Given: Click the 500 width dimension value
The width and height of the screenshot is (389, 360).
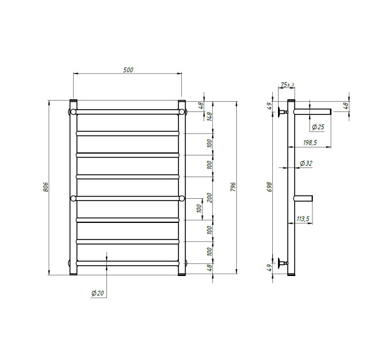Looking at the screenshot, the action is click(x=128, y=70).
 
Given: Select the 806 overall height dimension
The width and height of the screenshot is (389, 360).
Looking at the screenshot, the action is click(x=45, y=187).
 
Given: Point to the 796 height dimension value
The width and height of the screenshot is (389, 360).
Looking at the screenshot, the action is click(x=233, y=187).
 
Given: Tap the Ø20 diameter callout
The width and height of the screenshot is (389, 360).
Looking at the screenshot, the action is click(x=97, y=293).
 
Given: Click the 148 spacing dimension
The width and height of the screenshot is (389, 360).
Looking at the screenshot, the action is click(x=209, y=116).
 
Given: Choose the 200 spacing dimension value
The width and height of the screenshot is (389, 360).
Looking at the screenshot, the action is click(x=209, y=198).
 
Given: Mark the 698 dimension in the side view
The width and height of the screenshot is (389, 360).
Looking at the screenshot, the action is click(x=269, y=187).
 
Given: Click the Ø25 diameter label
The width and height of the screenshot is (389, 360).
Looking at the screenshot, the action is click(x=318, y=127).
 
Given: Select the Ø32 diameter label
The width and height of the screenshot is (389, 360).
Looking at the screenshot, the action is click(x=306, y=163).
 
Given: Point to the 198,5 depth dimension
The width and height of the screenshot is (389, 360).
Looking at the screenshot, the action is click(x=310, y=143).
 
